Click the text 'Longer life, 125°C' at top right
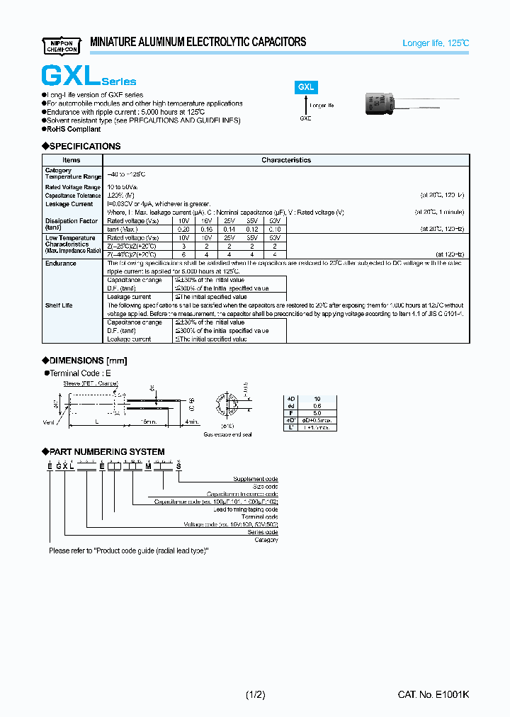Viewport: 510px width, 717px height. tap(435, 43)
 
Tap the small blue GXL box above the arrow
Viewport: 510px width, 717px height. tap(306, 87)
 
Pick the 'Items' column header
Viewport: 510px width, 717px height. tap(72, 160)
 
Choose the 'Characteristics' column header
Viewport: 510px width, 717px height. tap(285, 160)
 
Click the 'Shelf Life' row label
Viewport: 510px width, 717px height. tap(60, 305)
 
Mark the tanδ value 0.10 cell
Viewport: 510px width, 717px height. tap(274, 229)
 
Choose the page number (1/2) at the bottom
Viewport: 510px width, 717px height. tap(255, 696)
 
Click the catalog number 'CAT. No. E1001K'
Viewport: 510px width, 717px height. tap(433, 696)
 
